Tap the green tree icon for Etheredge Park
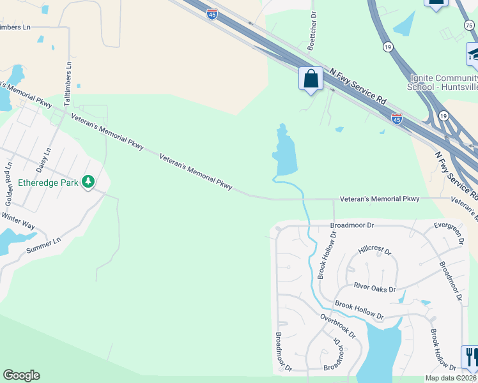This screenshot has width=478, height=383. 88,183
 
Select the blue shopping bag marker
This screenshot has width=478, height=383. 311,80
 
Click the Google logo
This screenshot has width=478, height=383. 21,375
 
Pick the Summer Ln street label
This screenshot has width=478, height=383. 43,244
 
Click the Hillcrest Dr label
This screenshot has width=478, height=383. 375,250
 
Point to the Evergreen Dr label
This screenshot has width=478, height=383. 448,234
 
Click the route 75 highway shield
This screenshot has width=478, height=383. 469,24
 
